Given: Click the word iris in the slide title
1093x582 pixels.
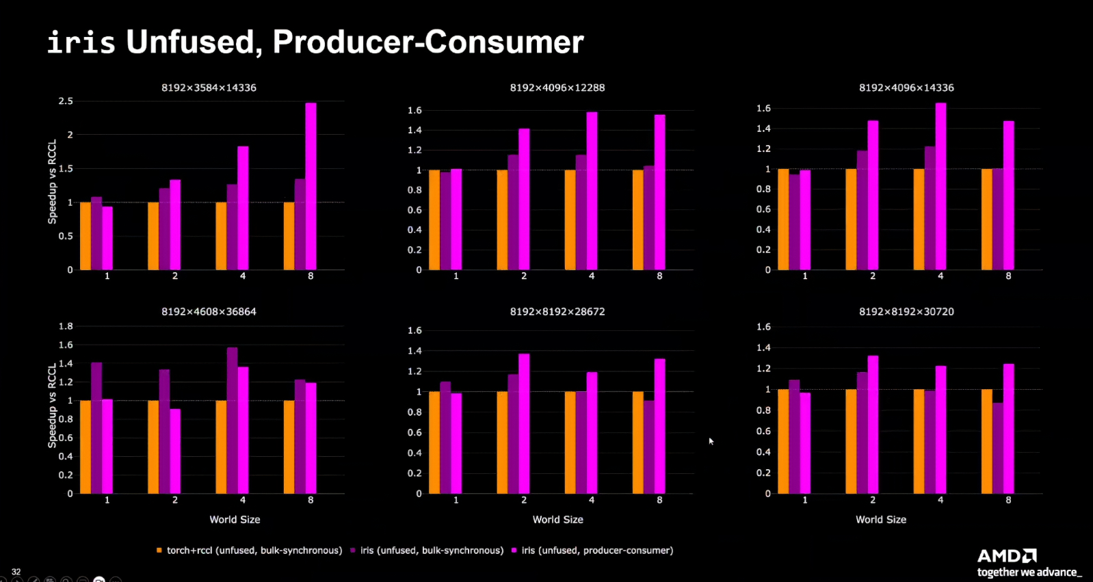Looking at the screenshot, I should [x=81, y=42].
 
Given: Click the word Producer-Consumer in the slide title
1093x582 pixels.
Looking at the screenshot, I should [x=428, y=42].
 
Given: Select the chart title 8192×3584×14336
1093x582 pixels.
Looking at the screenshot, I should [x=209, y=88].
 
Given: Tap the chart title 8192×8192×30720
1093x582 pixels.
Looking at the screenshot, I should [x=906, y=312].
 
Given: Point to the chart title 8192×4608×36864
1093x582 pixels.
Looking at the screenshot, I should [x=209, y=312].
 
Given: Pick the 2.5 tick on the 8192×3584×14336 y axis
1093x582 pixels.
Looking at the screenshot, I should [x=66, y=101].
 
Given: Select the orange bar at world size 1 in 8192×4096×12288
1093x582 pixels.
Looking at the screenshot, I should [x=434, y=220].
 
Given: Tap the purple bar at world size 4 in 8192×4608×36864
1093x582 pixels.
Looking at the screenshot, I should [x=232, y=420].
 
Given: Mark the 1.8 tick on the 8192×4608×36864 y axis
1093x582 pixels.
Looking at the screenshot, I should [x=66, y=326].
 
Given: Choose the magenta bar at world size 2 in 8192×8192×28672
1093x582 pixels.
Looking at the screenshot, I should [x=524, y=423].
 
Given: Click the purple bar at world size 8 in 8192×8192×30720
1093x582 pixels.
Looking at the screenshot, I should [x=998, y=448].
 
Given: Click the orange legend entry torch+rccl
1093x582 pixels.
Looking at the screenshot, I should [x=254, y=551].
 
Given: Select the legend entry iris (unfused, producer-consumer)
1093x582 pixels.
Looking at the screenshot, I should [x=596, y=551].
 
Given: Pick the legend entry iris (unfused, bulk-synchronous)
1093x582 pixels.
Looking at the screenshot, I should [x=431, y=551].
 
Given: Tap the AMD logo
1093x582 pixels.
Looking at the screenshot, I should [x=1007, y=555].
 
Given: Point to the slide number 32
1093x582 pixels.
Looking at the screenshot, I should [x=16, y=572].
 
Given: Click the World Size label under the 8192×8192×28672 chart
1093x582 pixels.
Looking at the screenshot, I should [x=557, y=520].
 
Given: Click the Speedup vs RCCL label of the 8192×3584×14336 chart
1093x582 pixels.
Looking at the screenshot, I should [x=53, y=182].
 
